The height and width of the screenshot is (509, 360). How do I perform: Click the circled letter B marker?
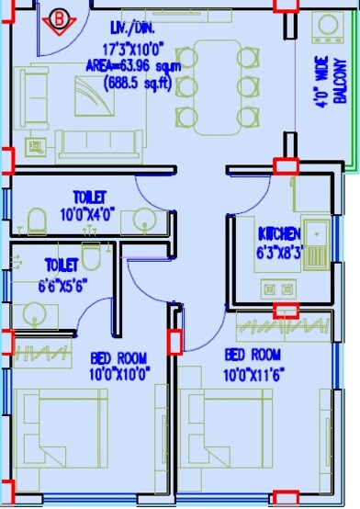(62, 17)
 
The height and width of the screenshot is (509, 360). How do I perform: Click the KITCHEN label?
(279, 232)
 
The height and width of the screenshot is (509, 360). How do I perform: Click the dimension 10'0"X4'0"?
(90, 213)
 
